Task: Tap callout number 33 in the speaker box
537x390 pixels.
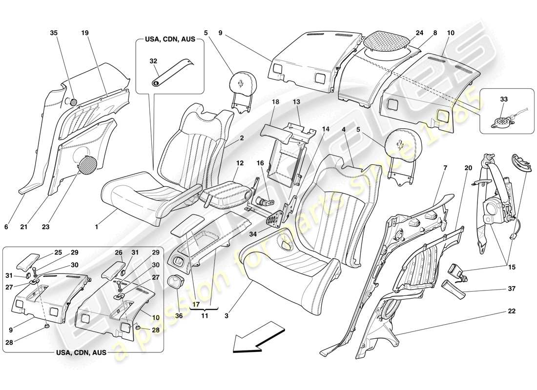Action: coord(504,99)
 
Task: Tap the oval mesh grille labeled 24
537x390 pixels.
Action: coord(387,40)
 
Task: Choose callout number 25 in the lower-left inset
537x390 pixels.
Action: coord(58,253)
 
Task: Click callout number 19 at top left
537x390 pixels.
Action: coord(84,33)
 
